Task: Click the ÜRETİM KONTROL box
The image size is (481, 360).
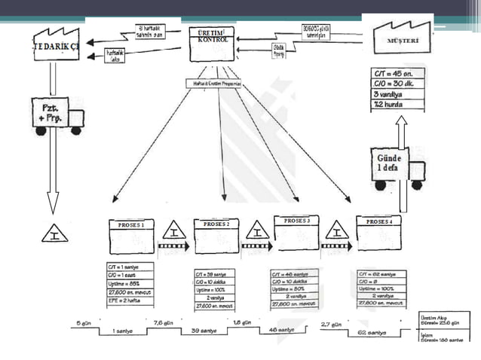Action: click(x=211, y=44)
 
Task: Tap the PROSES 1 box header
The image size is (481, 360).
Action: click(x=131, y=224)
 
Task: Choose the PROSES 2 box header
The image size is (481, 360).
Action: click(x=216, y=224)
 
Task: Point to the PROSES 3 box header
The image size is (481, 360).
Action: click(x=296, y=221)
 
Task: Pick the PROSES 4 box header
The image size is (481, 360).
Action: click(x=379, y=222)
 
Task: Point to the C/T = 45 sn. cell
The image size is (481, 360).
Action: click(x=398, y=73)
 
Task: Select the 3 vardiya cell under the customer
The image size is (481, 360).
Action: click(x=398, y=94)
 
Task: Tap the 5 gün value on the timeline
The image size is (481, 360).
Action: click(x=84, y=323)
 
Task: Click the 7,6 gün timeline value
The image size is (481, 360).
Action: click(x=164, y=323)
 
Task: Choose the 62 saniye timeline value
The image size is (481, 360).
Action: click(x=370, y=331)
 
